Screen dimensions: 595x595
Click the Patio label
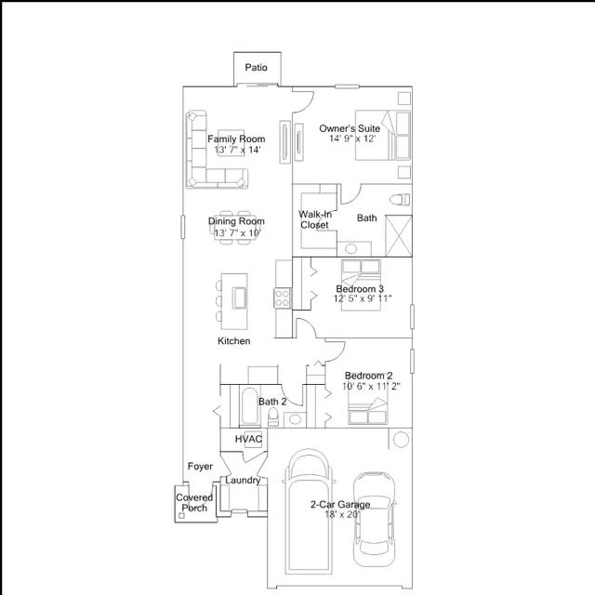click(257, 68)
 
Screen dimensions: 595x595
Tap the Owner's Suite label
click(350, 128)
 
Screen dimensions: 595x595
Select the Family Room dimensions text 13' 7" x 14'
click(238, 150)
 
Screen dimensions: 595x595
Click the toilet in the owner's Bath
click(400, 199)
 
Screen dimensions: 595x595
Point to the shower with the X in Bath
click(399, 236)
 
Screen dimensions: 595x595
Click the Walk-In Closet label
click(315, 219)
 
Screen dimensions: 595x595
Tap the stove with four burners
click(283, 297)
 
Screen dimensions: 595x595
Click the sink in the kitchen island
click(240, 297)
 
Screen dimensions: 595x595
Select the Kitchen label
click(233, 341)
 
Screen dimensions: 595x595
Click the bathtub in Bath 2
click(250, 405)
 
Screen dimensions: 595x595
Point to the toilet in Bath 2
click(272, 417)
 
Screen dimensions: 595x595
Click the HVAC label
click(248, 439)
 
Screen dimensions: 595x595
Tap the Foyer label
click(200, 467)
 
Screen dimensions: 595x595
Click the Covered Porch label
click(194, 503)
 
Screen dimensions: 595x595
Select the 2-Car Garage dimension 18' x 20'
click(342, 514)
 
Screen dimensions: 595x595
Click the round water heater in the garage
click(401, 440)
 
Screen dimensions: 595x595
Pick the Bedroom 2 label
click(368, 376)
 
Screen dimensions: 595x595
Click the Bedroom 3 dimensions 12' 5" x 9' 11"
click(363, 298)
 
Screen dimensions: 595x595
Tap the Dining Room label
click(236, 221)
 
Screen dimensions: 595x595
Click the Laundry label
click(243, 481)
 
